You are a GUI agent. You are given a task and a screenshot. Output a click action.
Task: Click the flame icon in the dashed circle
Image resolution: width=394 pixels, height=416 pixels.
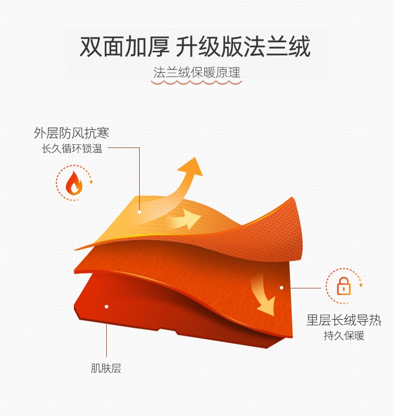(x=74, y=183)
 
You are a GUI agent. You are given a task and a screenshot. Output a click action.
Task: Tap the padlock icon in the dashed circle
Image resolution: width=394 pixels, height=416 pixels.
(x=344, y=285)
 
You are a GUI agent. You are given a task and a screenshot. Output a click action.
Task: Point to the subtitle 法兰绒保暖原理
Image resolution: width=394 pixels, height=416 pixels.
(x=197, y=73)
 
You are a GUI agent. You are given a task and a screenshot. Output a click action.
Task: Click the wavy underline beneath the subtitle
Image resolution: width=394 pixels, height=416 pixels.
(x=197, y=83)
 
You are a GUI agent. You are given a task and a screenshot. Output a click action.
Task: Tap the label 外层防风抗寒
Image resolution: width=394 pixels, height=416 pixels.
(x=71, y=133)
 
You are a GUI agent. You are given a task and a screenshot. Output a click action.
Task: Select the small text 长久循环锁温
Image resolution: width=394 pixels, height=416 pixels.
(x=72, y=148)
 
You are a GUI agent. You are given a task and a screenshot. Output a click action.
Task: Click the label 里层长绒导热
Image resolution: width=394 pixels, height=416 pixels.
(x=344, y=320)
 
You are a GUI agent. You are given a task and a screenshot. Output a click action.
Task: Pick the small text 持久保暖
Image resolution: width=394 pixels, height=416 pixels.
(x=344, y=335)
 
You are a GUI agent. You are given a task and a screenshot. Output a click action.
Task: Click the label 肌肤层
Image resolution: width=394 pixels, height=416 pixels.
(x=106, y=369)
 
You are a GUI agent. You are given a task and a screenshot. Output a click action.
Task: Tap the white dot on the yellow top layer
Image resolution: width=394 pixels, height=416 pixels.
(x=140, y=212)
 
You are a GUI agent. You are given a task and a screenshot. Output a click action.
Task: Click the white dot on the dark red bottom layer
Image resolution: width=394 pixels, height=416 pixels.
(x=106, y=306)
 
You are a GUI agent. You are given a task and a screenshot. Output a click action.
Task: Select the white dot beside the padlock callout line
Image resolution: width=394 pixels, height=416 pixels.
(x=281, y=287)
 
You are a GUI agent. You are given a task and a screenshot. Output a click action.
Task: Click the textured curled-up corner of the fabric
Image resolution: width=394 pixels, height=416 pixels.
(x=279, y=224)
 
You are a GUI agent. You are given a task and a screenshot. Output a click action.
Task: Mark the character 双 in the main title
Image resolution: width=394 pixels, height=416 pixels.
(x=91, y=47)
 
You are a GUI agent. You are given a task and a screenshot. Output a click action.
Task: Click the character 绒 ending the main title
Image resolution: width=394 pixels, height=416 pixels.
(x=298, y=47)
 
